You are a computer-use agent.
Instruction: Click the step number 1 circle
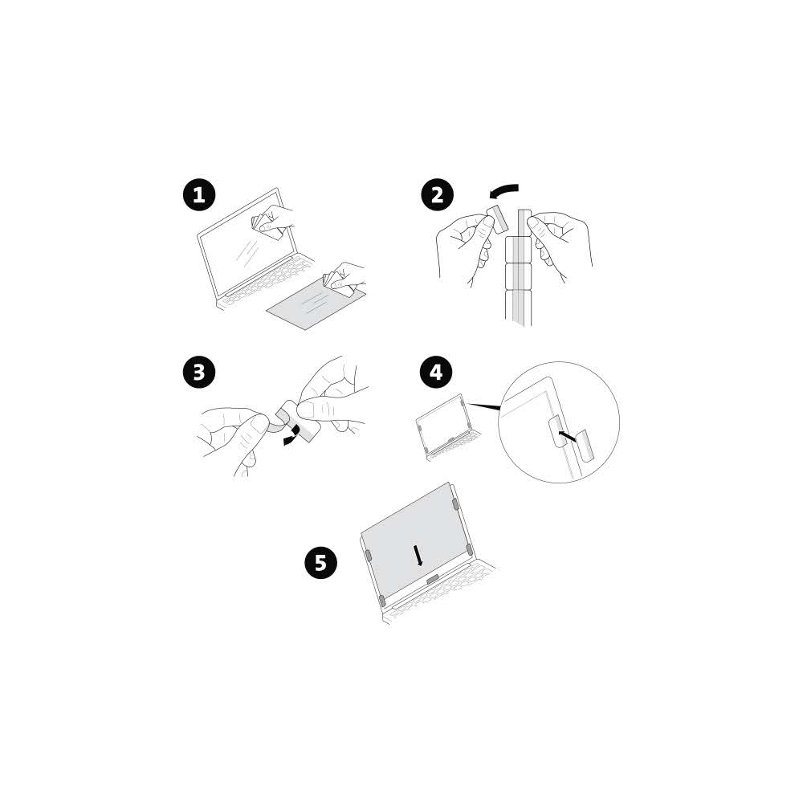[199, 195]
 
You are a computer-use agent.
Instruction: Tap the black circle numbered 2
[437, 195]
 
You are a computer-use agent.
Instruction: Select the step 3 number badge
[199, 372]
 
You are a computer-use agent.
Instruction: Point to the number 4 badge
[437, 372]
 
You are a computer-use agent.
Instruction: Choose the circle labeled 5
[320, 562]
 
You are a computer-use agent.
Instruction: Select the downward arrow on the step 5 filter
[418, 554]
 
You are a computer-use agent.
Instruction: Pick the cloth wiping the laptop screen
[266, 224]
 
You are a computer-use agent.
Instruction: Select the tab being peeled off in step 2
[497, 218]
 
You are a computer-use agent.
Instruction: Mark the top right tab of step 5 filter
[456, 504]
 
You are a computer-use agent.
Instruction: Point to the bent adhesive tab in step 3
[285, 418]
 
